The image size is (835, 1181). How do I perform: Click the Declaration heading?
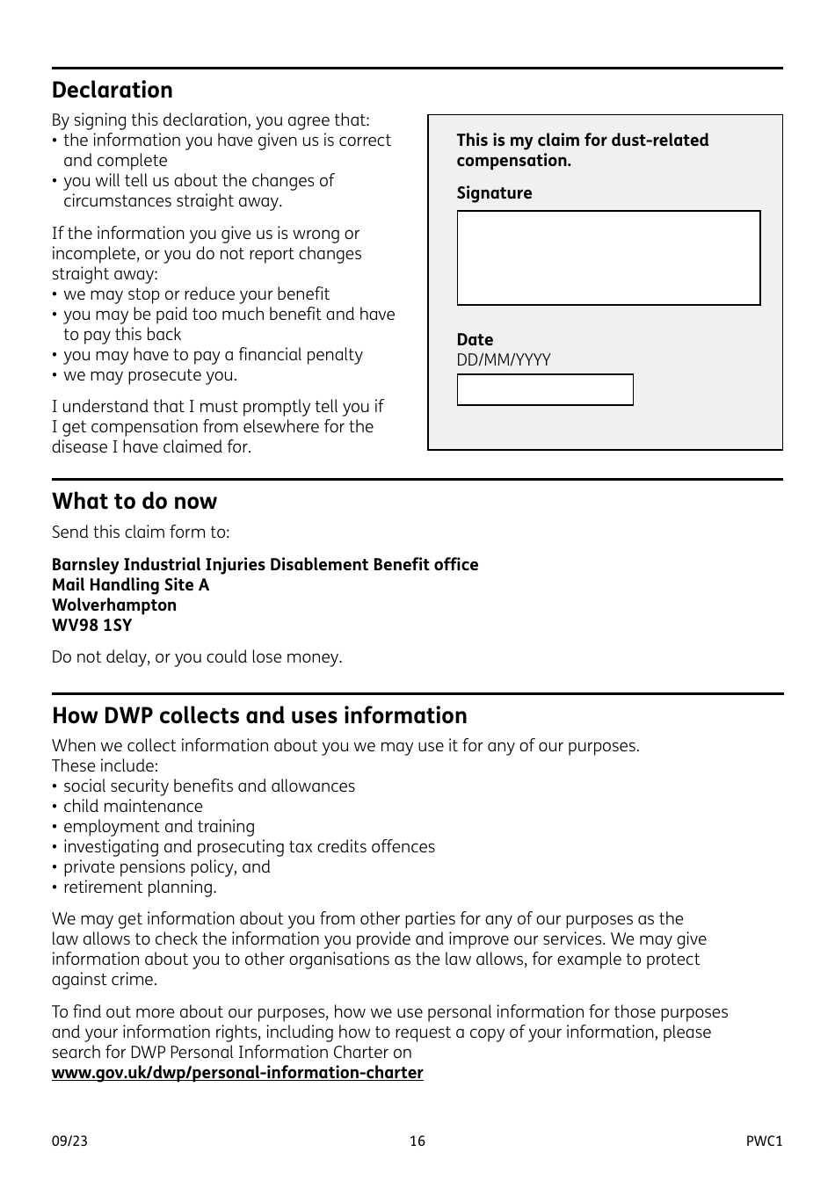coord(112,91)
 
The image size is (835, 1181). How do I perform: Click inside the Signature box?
coord(608,258)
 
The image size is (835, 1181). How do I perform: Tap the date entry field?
coord(544,390)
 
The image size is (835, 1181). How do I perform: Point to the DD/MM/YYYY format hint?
coord(504,360)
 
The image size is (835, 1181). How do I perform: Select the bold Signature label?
coord(494,193)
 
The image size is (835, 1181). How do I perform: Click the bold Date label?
coord(475,340)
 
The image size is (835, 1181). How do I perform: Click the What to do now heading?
coord(134,502)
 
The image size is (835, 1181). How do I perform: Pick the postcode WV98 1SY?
coord(91,626)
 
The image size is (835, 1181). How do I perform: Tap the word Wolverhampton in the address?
coord(113,605)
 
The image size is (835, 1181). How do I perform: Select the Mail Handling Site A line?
coord(130,585)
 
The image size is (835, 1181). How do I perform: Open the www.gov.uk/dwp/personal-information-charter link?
coord(237,1073)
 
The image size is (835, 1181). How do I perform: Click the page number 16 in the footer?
coord(417,1141)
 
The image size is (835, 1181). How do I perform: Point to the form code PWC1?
coord(763,1141)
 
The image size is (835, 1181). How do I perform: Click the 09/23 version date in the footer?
coord(69,1141)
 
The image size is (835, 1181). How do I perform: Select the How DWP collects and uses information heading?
coord(259,716)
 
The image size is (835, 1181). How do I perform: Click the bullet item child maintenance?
coord(133,807)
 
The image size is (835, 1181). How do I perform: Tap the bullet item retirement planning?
coord(139,888)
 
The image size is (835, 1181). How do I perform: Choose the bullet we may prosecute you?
coord(149,375)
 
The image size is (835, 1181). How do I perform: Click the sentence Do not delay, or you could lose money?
coord(197,657)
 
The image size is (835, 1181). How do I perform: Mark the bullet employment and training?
coord(158,827)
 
